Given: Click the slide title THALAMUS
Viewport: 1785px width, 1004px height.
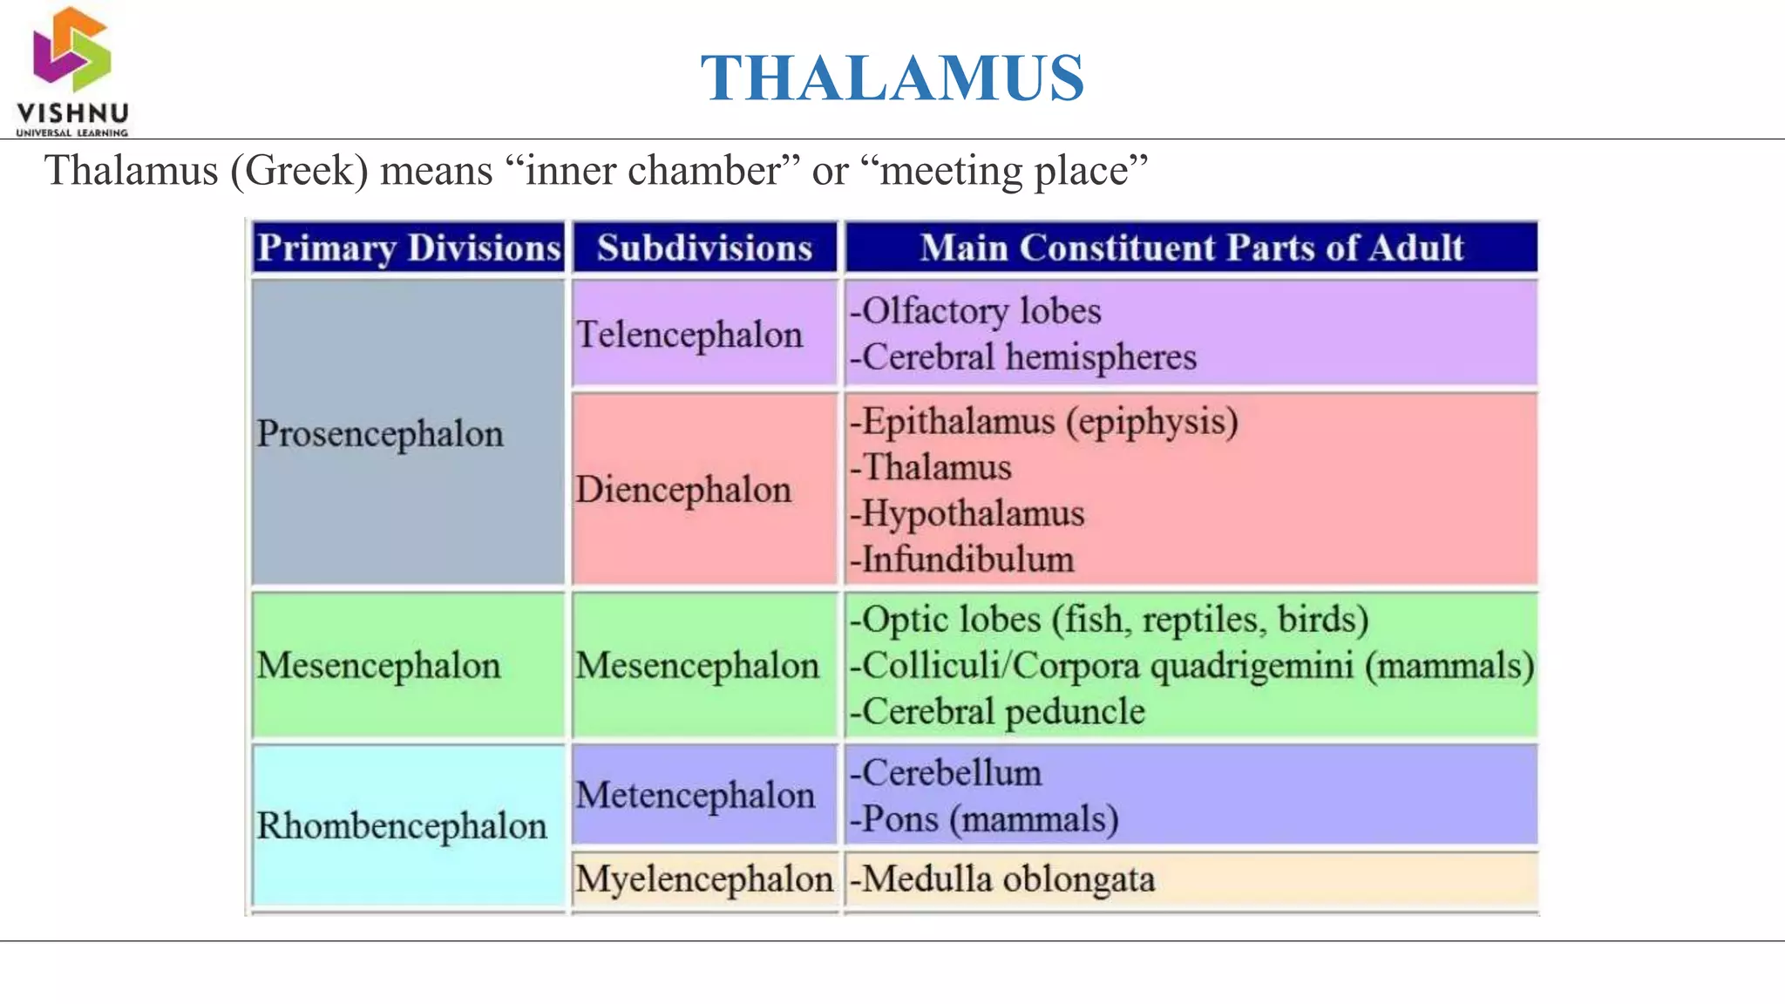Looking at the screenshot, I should coord(892,78).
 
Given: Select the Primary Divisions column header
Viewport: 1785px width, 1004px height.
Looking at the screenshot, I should coord(409,248).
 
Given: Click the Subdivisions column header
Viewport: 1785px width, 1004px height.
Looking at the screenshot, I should coord(704,248).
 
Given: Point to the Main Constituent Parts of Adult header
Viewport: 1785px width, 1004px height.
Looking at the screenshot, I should coord(1191,248).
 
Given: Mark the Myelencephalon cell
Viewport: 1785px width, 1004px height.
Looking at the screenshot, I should coord(704,878).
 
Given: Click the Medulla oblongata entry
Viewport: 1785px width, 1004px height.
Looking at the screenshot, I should coord(1002,878).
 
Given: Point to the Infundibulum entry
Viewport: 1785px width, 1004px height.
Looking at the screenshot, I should coord(962,560).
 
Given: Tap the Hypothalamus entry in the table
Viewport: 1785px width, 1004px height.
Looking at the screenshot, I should coord(967,513).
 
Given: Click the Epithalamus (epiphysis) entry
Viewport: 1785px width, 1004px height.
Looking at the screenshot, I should coord(1044,422).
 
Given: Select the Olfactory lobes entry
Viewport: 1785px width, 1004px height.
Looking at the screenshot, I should coord(976,311).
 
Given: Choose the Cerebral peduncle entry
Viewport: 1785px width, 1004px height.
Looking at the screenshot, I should coord(998,711).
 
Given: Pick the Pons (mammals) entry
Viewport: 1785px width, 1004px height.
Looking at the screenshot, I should coord(985,819).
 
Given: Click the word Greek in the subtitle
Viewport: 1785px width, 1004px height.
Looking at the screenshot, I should coord(299,170).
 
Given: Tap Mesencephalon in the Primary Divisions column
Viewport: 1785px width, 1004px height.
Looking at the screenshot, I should coord(378,666).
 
